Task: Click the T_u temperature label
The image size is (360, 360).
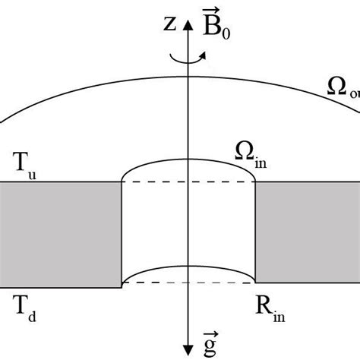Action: [x=25, y=164]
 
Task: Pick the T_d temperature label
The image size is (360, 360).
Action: [x=24, y=306]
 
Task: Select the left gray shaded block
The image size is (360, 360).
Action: [x=61, y=232]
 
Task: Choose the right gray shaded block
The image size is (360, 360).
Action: [x=307, y=232]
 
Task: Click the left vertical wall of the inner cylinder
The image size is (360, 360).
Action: [x=122, y=232]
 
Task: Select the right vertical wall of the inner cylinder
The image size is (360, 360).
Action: [x=254, y=232]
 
